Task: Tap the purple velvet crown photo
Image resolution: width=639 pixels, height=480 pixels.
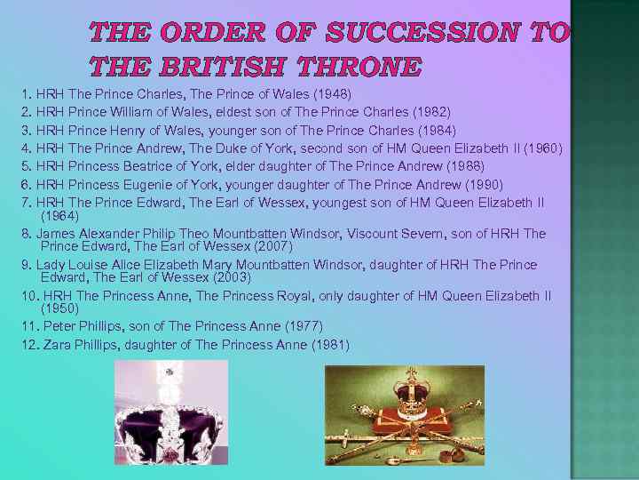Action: pos(171,414)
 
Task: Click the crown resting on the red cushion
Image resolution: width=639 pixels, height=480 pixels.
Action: pos(412,399)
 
